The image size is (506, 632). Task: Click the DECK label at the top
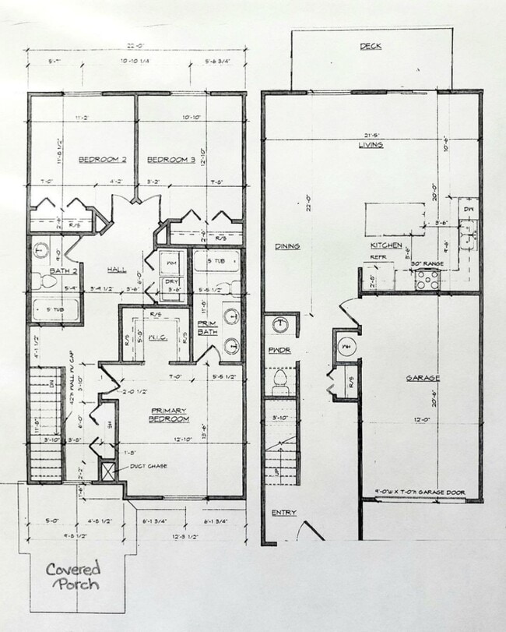coord(371,47)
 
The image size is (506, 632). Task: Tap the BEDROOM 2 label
coord(102,160)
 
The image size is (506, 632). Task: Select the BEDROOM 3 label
coord(170,160)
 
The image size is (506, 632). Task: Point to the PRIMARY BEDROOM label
coord(170,415)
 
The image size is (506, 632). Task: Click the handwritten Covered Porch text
coord(72,576)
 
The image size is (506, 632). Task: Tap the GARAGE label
coord(423,378)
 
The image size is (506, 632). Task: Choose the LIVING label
coord(371,145)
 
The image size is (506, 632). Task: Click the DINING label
coord(287,246)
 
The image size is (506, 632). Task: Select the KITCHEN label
coord(386,246)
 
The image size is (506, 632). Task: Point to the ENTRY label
coord(284,513)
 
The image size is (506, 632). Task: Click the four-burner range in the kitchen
coord(427,279)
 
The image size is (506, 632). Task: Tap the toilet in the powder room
coord(280,381)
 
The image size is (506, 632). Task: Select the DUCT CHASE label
coord(149,466)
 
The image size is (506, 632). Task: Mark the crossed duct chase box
coord(107,471)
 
